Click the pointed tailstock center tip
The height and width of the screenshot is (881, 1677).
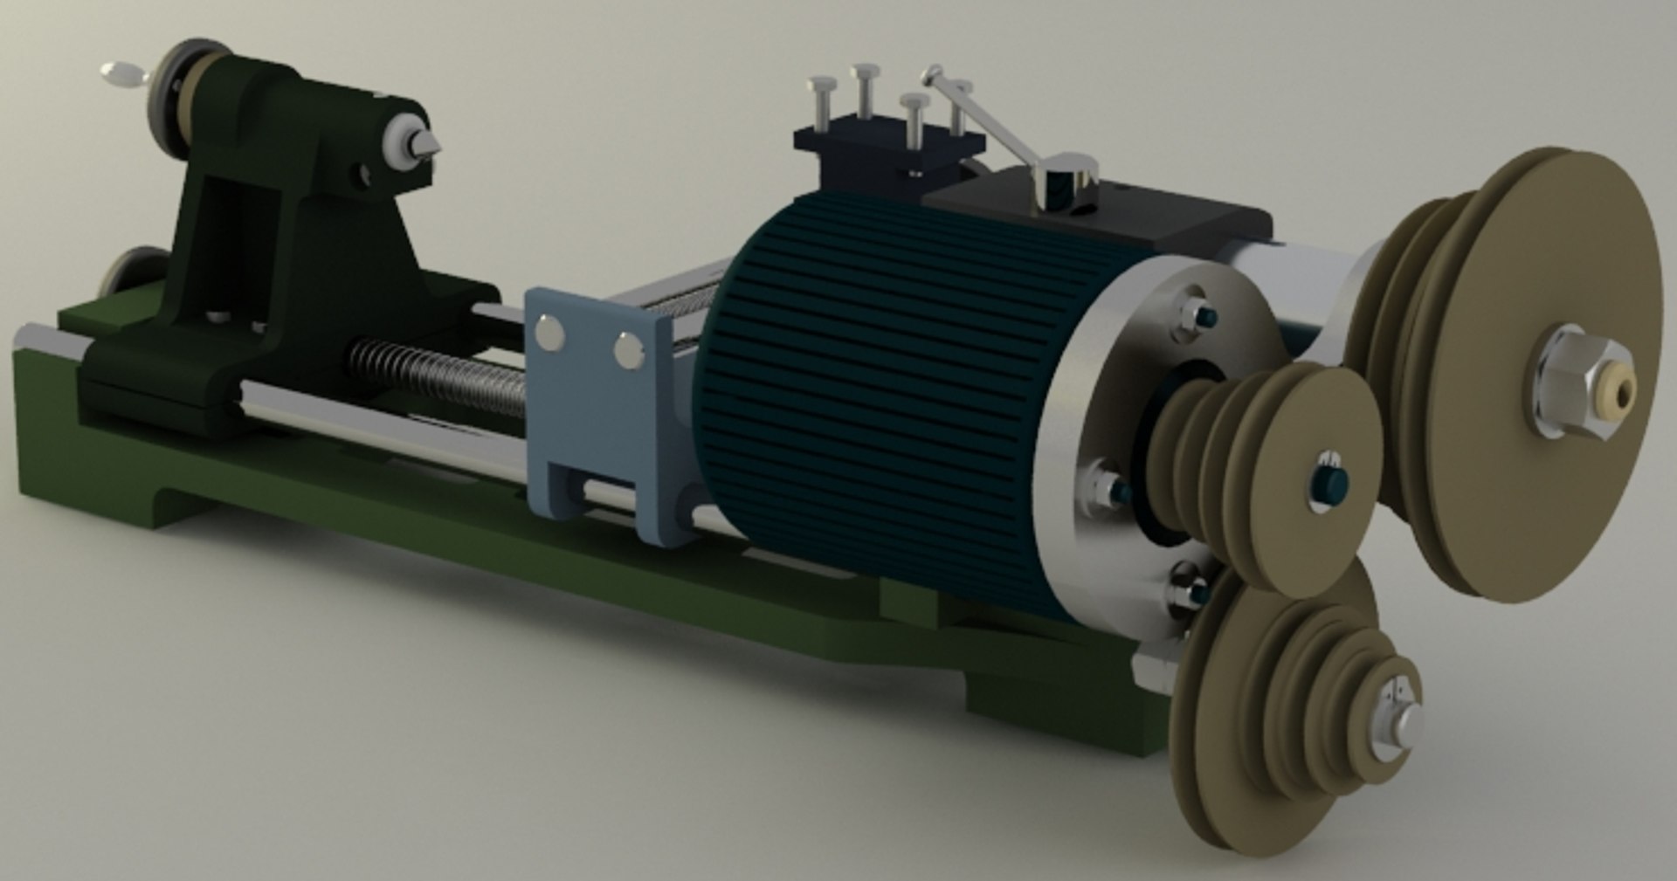pos(432,146)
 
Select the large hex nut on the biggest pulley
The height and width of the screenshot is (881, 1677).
pos(1572,384)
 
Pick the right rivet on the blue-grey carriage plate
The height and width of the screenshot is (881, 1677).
pos(628,349)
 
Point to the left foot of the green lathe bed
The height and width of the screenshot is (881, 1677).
pos(87,489)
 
